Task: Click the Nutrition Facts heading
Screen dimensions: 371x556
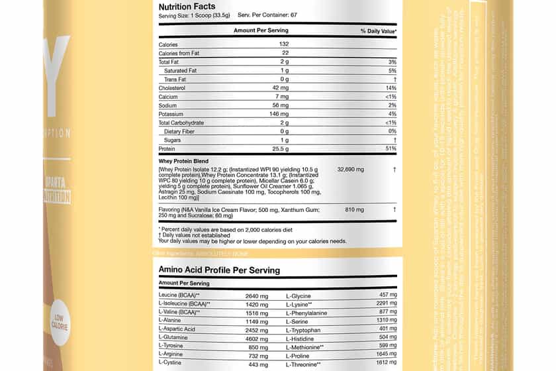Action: [x=187, y=7]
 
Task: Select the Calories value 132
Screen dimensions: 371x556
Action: [x=285, y=44]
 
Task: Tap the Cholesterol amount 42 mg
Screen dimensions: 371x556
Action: [x=285, y=87]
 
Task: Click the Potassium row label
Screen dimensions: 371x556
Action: [x=173, y=114]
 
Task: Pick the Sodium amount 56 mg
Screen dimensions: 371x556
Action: [x=285, y=105]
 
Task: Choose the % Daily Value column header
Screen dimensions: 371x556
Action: [x=378, y=31]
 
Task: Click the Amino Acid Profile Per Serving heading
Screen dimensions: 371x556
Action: [x=219, y=270]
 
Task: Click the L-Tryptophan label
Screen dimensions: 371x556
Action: [x=304, y=329]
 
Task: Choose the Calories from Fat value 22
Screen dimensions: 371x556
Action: [x=285, y=53]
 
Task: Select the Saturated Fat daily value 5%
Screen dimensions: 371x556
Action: [x=392, y=70]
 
